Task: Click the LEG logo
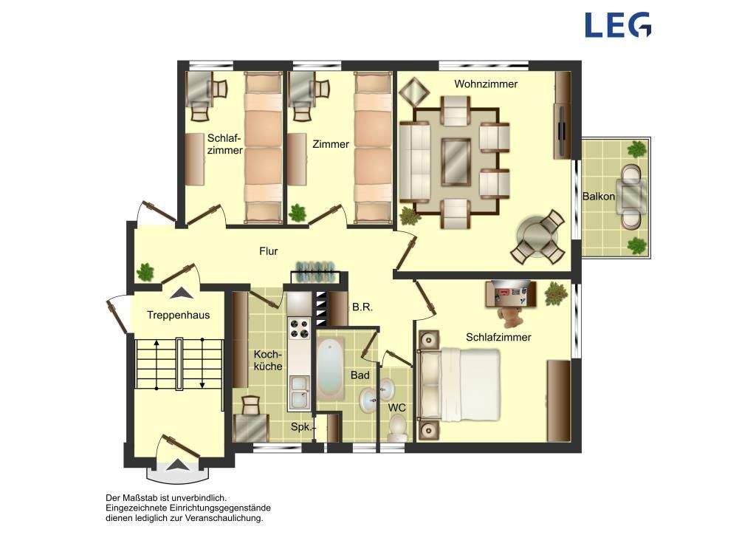pyautogui.click(x=618, y=25)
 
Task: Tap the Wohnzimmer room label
pyautogui.click(x=486, y=84)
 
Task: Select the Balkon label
pyautogui.click(x=598, y=197)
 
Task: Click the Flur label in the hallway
pyautogui.click(x=269, y=251)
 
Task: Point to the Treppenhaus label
pyautogui.click(x=179, y=316)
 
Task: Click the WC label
pyautogui.click(x=397, y=408)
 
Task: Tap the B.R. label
pyautogui.click(x=362, y=307)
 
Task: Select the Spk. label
pyautogui.click(x=301, y=427)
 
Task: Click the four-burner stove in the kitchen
pyautogui.click(x=299, y=328)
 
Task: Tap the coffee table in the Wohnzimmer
pyautogui.click(x=456, y=162)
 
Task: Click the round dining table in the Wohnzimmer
pyautogui.click(x=537, y=237)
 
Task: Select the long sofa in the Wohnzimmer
pyautogui.click(x=414, y=162)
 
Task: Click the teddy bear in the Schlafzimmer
pyautogui.click(x=510, y=314)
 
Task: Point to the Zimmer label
pyautogui.click(x=331, y=144)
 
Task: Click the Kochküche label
pyautogui.click(x=268, y=361)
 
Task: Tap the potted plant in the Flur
pyautogui.click(x=145, y=272)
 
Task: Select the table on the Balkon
pyautogui.click(x=632, y=197)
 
